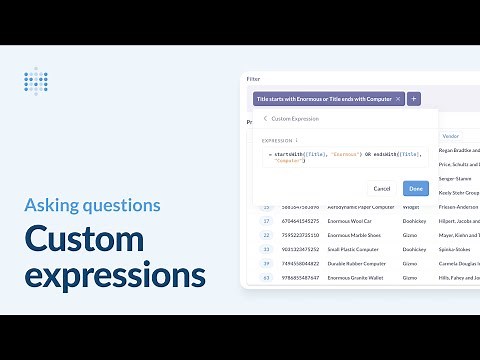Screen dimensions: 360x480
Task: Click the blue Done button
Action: (x=415, y=188)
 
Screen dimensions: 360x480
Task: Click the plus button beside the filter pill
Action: (x=415, y=99)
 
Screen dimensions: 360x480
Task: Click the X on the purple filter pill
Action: (x=399, y=99)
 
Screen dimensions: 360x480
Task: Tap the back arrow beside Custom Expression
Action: (x=265, y=118)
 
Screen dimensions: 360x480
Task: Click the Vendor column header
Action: (x=450, y=135)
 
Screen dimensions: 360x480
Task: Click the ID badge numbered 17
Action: (x=267, y=220)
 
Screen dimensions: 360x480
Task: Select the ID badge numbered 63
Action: (x=267, y=277)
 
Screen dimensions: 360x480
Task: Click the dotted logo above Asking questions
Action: (x=36, y=80)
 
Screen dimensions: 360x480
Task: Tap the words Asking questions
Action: (x=92, y=206)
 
